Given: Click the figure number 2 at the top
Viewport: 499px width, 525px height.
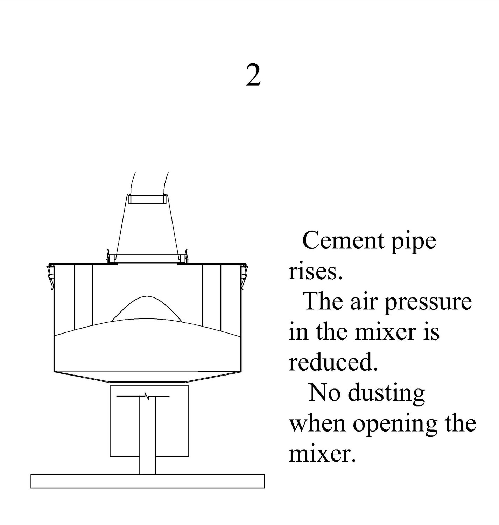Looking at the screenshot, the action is (x=253, y=75).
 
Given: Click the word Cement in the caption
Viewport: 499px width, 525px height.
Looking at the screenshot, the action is (x=343, y=240).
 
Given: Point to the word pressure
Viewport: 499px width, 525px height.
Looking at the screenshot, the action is (x=428, y=303).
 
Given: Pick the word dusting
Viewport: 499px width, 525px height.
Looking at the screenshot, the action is (x=386, y=395).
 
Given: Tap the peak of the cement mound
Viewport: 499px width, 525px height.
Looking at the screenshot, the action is (x=146, y=296).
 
